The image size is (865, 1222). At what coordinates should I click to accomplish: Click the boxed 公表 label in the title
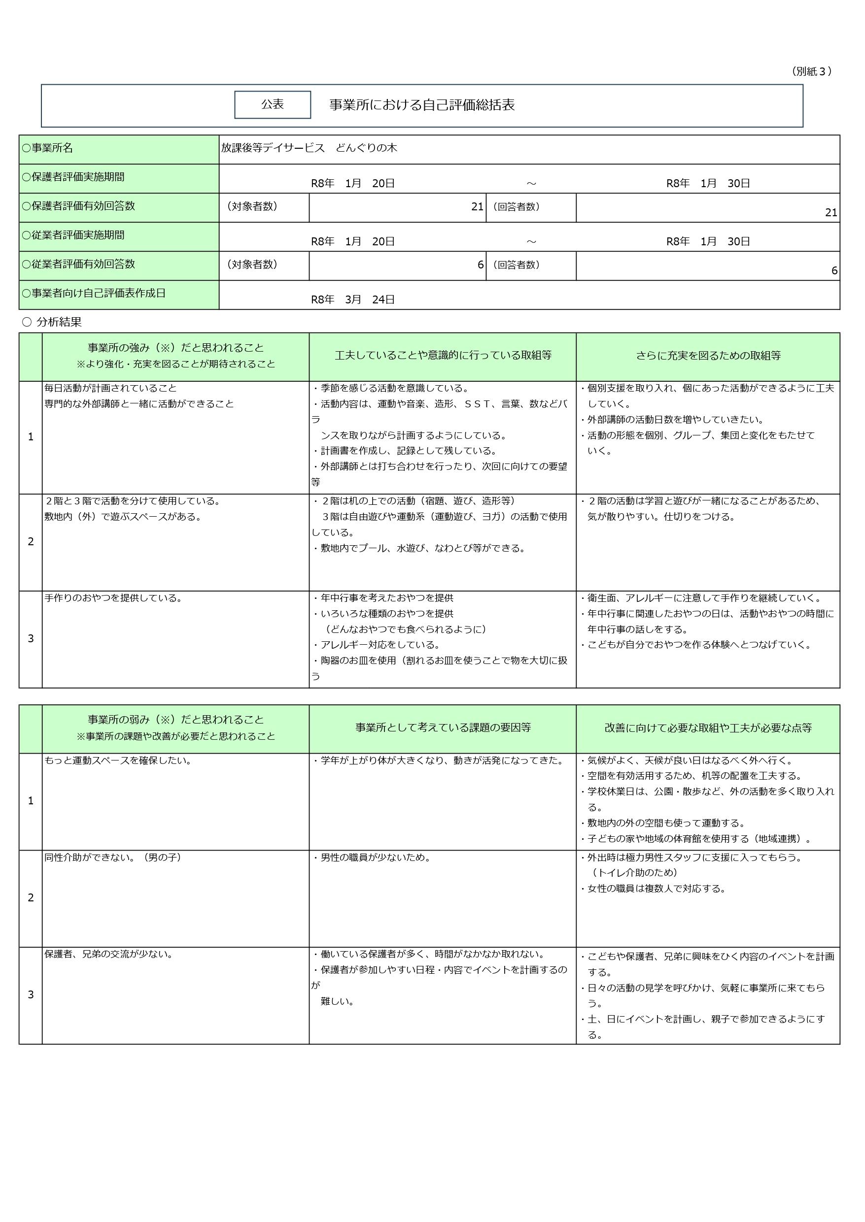272,104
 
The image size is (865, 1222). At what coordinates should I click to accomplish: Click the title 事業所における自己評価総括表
422,105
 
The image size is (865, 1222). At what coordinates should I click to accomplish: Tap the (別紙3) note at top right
811,71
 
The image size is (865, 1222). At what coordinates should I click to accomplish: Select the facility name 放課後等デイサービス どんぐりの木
309,148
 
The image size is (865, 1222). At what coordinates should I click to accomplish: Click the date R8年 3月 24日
352,299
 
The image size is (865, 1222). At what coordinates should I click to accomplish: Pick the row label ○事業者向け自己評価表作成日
93,293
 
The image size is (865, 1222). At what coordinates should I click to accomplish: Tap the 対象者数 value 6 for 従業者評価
481,264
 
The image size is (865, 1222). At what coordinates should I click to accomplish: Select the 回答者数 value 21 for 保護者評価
831,212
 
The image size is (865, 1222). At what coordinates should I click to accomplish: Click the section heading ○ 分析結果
52,322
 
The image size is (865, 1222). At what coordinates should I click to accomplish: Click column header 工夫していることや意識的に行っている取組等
443,356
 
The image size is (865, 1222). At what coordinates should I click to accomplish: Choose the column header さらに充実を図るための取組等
708,356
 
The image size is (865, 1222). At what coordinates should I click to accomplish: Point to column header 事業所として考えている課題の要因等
443,727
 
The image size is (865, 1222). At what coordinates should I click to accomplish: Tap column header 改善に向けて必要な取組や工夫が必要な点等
708,727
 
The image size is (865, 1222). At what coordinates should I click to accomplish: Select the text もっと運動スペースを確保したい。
118,760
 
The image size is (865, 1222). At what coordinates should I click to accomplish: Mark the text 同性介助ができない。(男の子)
113,858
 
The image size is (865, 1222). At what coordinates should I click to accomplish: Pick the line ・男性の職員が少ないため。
372,858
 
